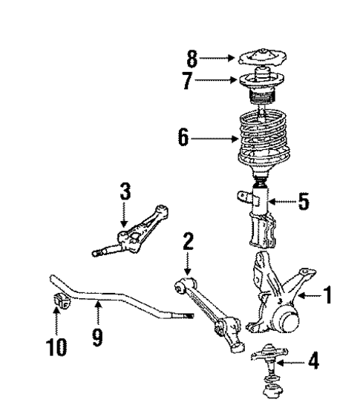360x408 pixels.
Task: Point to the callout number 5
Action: click(304, 201)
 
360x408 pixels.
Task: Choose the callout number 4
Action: click(314, 363)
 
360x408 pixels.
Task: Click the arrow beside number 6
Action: click(219, 137)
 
